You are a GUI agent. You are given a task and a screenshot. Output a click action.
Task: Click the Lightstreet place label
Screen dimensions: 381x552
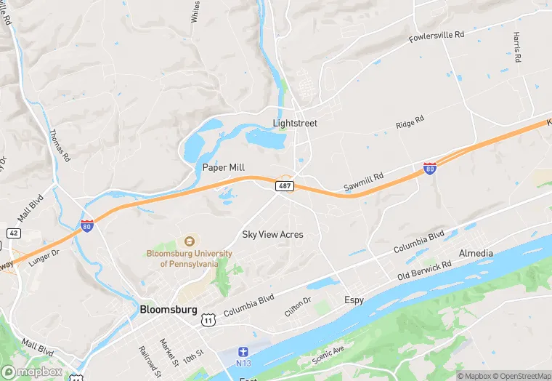[295, 123]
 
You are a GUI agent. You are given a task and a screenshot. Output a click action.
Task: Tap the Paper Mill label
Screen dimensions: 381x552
[224, 167]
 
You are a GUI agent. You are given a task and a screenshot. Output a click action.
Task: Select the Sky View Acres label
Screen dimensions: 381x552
[272, 234]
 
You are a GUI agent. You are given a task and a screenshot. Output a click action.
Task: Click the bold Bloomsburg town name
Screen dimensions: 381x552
[168, 309]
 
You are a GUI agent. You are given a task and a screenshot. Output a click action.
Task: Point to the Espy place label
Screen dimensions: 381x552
[354, 300]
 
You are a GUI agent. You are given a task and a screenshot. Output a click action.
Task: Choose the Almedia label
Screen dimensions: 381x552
[476, 253]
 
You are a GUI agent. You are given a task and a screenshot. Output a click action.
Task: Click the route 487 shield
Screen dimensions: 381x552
[284, 187]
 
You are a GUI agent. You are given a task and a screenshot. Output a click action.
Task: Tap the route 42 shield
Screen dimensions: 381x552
[13, 232]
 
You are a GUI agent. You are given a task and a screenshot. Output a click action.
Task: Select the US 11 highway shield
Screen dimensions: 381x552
[208, 319]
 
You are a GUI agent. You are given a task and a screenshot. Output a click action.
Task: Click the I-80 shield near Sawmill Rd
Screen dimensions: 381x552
[430, 169]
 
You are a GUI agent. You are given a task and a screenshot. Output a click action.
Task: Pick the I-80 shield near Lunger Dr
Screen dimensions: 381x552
[87, 225]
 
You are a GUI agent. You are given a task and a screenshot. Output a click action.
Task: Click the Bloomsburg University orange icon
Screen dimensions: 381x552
[190, 241]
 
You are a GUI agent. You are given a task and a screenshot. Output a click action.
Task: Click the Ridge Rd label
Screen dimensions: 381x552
[410, 124]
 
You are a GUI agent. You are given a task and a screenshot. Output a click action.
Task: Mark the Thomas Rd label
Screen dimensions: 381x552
[60, 145]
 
